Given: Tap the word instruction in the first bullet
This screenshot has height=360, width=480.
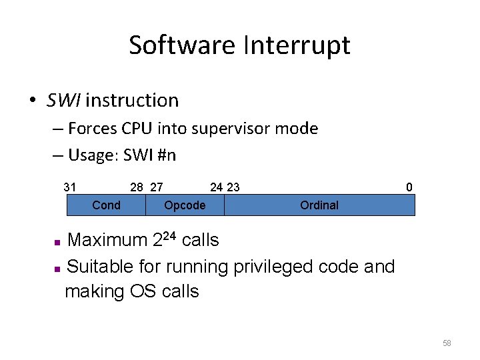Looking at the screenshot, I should click(132, 101).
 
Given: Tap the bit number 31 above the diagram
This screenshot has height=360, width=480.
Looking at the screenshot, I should click(70, 187).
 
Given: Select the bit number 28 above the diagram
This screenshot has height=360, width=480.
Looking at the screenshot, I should click(137, 187).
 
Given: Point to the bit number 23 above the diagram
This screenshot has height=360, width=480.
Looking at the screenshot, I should click(233, 187).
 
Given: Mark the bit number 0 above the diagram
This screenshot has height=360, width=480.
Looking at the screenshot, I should click(409, 187).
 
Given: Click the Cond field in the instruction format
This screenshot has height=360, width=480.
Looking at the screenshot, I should click(106, 205).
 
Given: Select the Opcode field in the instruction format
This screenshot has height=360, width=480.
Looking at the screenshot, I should click(185, 205).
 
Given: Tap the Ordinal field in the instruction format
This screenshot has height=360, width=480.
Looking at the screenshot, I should click(319, 205).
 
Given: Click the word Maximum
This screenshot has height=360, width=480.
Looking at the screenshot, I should click(108, 240).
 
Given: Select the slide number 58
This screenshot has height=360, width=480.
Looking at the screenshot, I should click(447, 343).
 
